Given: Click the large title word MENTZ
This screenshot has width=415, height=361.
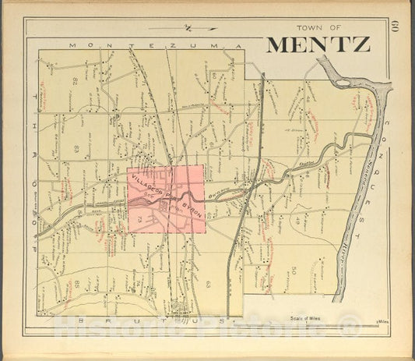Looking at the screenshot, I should click(x=318, y=44).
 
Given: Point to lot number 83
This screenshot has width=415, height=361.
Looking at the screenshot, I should click(x=76, y=147).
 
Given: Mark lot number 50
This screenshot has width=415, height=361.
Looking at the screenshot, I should click(x=294, y=270).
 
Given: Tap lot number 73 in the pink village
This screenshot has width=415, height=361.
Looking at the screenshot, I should click(x=140, y=221).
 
